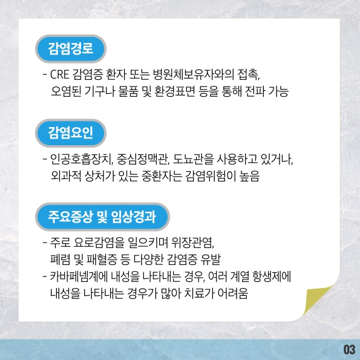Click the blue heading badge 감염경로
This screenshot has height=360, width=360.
tap(71, 48)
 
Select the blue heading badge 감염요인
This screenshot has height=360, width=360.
tap(71, 133)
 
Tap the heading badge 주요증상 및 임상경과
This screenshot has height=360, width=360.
tap(102, 217)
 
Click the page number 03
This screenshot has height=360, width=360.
tap(349, 350)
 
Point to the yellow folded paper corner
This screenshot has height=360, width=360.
tap(316, 301)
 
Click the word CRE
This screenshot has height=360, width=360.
tap(59, 74)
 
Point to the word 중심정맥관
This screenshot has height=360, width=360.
tap(142, 159)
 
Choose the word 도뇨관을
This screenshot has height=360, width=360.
tap(193, 159)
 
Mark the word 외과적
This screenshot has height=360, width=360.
tap(66, 176)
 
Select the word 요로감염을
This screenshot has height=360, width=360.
tap(99, 243)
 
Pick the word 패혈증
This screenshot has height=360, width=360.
tap(102, 260)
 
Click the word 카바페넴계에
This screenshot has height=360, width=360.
tap(79, 277)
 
